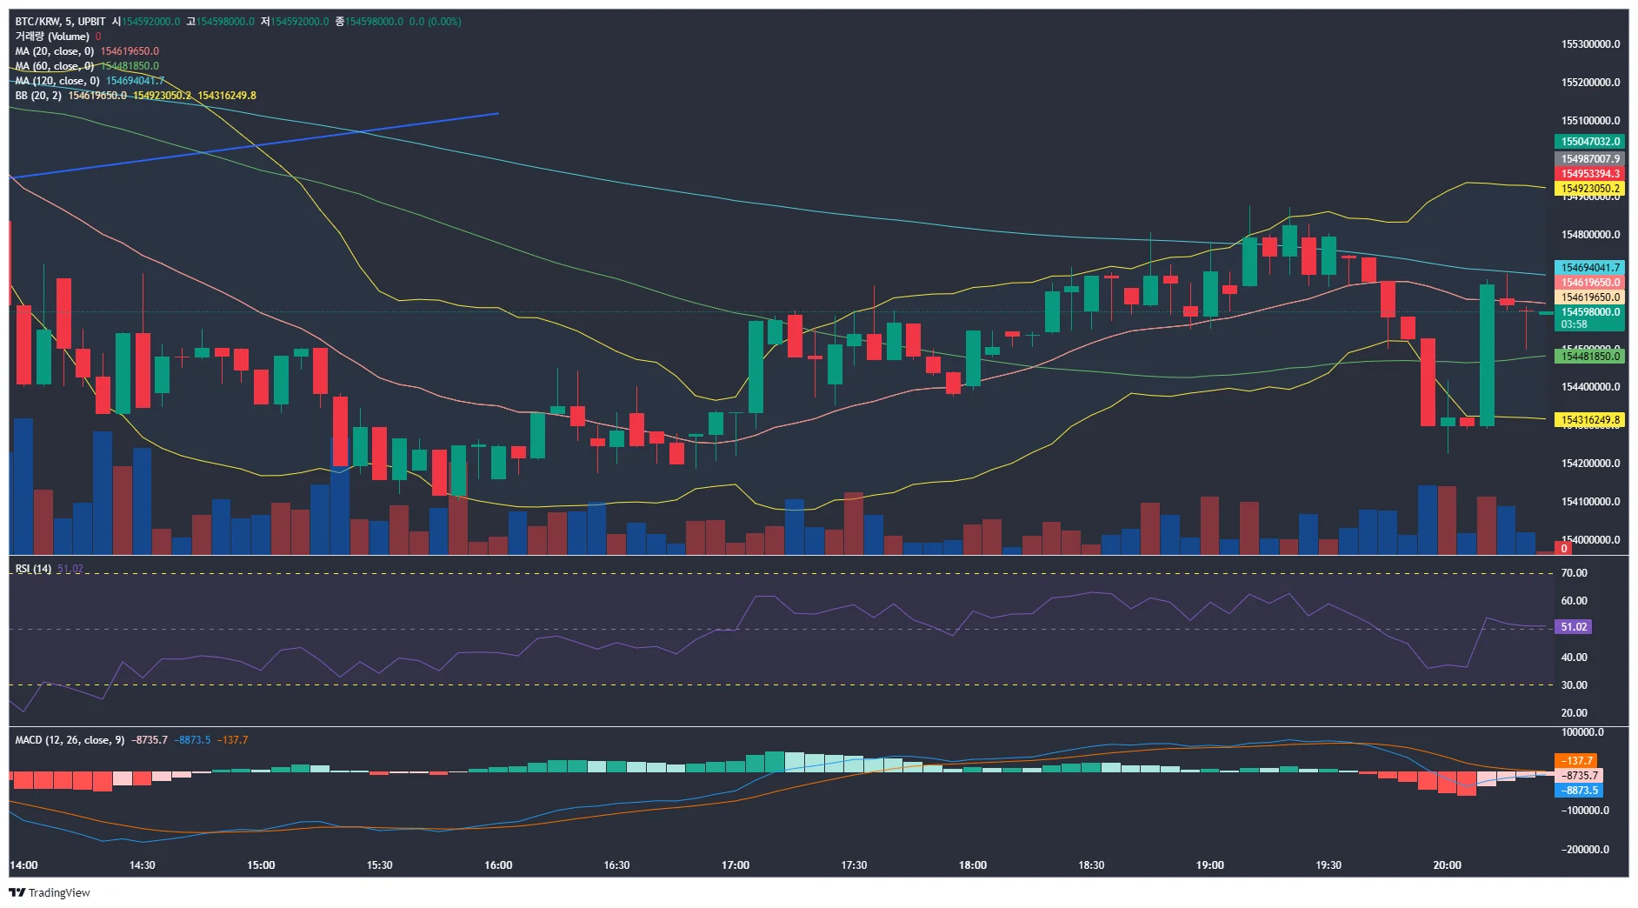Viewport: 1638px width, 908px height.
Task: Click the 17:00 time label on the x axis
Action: pyautogui.click(x=735, y=865)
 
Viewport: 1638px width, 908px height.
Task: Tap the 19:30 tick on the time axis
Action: pyautogui.click(x=1328, y=865)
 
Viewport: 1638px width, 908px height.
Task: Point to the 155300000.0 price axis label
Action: pyautogui.click(x=1590, y=44)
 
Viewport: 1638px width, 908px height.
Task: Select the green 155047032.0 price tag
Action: pyautogui.click(x=1589, y=142)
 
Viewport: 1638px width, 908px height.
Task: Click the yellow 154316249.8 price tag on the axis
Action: pyautogui.click(x=1589, y=420)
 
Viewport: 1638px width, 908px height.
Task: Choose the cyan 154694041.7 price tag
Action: pyautogui.click(x=1589, y=268)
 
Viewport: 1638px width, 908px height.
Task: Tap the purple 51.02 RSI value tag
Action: pyautogui.click(x=1574, y=627)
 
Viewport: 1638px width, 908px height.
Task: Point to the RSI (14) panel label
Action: pyautogui.click(x=33, y=569)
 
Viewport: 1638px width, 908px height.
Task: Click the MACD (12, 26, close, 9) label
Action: pyautogui.click(x=70, y=740)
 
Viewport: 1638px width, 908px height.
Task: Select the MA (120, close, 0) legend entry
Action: pyautogui.click(x=57, y=81)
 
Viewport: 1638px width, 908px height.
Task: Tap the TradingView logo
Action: pyautogui.click(x=50, y=892)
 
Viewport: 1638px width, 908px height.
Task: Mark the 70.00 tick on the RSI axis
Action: pyautogui.click(x=1574, y=573)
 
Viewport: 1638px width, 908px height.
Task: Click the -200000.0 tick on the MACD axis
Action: pyautogui.click(x=1586, y=850)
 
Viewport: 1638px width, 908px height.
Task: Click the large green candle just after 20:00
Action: pyautogui.click(x=1487, y=355)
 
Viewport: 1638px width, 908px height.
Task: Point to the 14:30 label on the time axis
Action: pyautogui.click(x=142, y=865)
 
